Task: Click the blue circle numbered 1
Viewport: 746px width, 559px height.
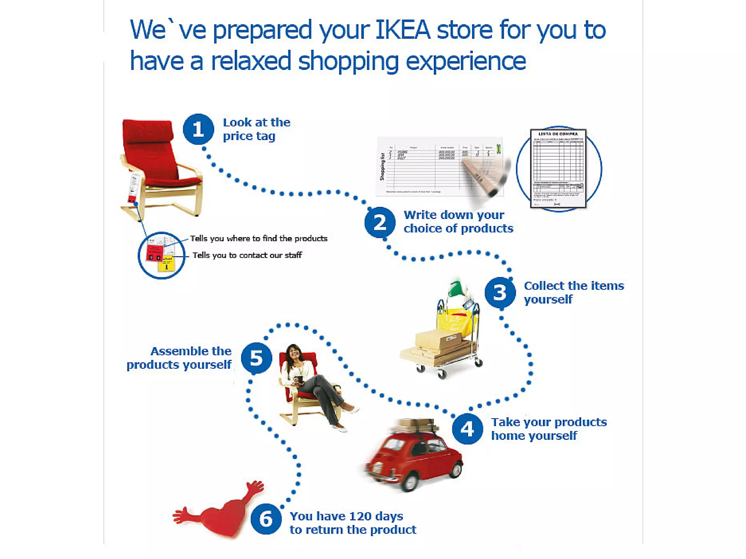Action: click(198, 129)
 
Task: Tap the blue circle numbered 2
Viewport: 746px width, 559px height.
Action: click(380, 222)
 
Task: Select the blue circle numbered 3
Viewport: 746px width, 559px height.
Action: click(500, 292)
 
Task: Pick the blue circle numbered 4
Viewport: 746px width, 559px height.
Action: click(467, 429)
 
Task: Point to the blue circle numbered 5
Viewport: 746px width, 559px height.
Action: click(256, 358)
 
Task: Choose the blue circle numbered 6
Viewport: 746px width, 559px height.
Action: click(266, 519)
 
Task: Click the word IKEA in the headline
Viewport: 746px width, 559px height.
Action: click(403, 30)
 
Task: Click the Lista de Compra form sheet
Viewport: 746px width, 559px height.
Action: click(558, 168)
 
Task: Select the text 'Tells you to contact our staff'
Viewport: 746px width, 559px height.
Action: click(247, 255)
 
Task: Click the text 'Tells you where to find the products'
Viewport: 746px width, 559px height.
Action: click(259, 238)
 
